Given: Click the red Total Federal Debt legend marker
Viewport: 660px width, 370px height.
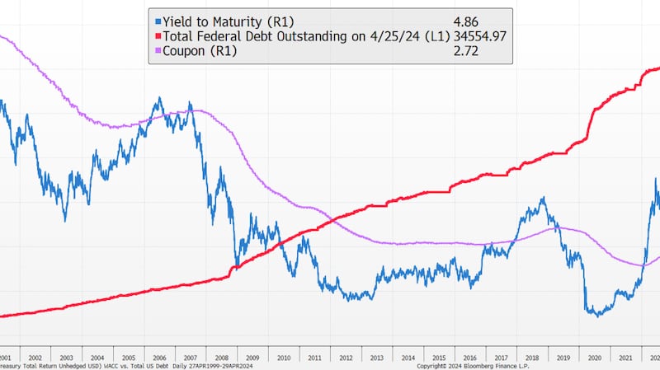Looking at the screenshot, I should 158,36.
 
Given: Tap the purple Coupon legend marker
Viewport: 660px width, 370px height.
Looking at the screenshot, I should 158,50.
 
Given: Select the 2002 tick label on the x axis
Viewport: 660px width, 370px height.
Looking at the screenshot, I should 35,358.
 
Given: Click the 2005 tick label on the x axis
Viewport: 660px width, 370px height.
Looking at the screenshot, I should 128,358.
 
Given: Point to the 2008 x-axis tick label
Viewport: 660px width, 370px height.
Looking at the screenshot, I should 221,358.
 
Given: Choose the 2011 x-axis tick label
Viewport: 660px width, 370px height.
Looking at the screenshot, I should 314,358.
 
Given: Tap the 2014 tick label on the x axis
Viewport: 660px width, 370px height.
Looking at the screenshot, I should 408,358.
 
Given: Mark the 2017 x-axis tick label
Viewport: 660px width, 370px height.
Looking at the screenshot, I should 501,358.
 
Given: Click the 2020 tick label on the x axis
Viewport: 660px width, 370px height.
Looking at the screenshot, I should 594,358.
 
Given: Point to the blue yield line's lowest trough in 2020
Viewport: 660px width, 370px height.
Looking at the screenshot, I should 596,315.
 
